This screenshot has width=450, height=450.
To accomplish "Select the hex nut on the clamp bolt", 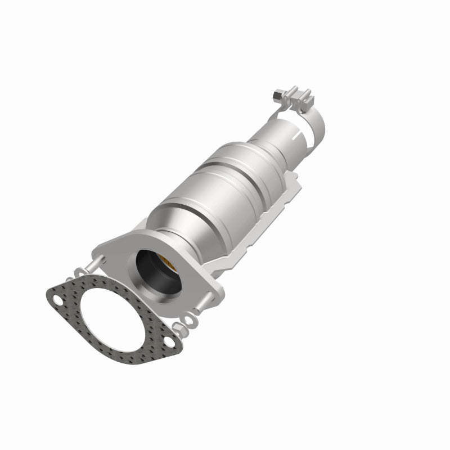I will click(x=276, y=94).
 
